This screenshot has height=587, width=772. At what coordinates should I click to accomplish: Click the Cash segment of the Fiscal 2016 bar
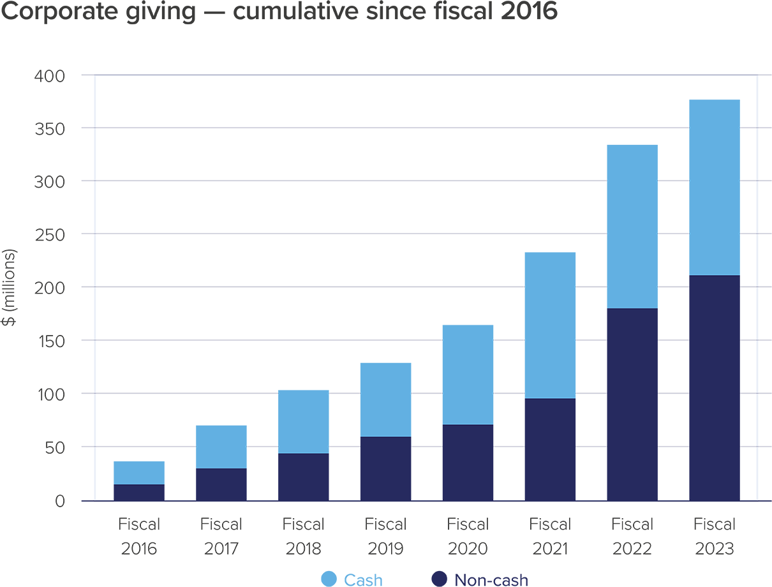[x=138, y=472]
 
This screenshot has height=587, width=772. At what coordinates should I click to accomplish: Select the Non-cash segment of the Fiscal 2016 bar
[x=138, y=493]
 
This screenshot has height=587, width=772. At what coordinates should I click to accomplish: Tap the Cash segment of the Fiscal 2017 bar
[x=221, y=447]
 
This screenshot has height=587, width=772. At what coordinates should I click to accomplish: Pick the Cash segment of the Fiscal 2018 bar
[x=303, y=421]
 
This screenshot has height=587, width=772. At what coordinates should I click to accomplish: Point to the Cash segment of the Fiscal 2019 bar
[x=385, y=399]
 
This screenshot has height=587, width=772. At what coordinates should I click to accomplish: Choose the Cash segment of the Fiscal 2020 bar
[x=468, y=375]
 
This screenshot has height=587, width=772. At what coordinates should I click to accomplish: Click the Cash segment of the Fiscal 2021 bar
[x=550, y=325]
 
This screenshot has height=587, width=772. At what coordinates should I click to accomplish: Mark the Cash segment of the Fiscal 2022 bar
[x=632, y=227]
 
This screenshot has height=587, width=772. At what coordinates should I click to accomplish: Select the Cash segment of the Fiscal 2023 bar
[x=715, y=188]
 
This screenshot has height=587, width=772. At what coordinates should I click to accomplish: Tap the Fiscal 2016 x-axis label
[x=138, y=537]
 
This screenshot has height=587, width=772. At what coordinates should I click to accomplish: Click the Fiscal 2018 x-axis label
[x=303, y=537]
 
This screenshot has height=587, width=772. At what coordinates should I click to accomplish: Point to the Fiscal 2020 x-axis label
[x=468, y=537]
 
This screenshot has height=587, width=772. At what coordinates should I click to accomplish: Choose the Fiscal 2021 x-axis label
[x=550, y=537]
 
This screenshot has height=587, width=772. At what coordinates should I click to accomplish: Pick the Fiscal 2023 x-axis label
[x=715, y=537]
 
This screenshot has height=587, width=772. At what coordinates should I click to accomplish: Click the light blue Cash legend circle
[x=329, y=579]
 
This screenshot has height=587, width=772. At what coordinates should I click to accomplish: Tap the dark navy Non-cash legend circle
[x=438, y=579]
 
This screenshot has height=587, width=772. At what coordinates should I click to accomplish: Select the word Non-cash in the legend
[x=491, y=579]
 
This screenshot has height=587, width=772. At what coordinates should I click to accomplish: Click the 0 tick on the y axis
[x=60, y=503]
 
